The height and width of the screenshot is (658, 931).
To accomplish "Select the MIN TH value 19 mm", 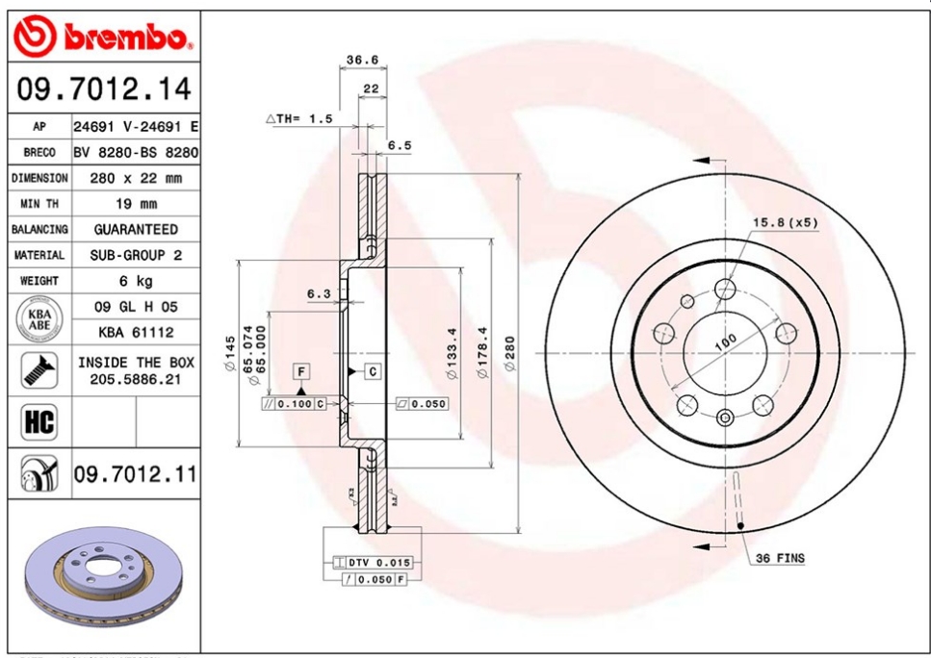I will coord(136,204).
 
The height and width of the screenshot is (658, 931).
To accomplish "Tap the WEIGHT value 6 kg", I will coord(136,281).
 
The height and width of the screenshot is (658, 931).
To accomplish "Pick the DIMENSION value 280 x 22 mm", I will coord(136,178).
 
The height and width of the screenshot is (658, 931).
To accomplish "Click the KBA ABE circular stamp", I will coord(38,320).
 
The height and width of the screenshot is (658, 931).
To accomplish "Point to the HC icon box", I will coord(38,422).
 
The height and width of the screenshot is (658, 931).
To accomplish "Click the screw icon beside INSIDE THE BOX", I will coord(38,371).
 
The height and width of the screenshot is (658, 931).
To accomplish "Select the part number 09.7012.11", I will coord(136,473).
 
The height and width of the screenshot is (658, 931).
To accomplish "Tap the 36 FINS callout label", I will coord(780,558).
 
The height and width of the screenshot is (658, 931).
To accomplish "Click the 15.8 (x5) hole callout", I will coord(785,222).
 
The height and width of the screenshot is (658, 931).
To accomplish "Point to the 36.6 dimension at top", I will coord(362,60).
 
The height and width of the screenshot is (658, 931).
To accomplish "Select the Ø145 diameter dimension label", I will coord(230,353).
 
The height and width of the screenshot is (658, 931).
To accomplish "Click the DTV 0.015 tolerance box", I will coord(377,562).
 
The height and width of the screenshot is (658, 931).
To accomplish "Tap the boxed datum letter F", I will coord(301,370).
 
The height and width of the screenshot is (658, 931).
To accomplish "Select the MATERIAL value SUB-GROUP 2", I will coord(136,255).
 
